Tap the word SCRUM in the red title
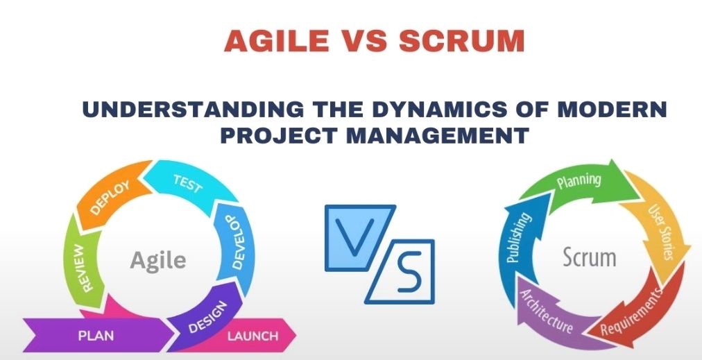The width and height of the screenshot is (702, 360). click(461, 41)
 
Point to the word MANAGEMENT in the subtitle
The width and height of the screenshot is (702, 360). click(438, 135)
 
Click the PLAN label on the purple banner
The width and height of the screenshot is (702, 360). click(96, 336)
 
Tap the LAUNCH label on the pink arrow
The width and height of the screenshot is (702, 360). click(252, 336)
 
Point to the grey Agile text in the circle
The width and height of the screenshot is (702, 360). click(158, 260)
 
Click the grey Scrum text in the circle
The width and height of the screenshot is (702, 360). click(589, 257)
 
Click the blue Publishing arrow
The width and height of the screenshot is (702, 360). click(520, 237)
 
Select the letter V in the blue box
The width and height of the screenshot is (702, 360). click(354, 237)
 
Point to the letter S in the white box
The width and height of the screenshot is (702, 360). click(409, 271)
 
